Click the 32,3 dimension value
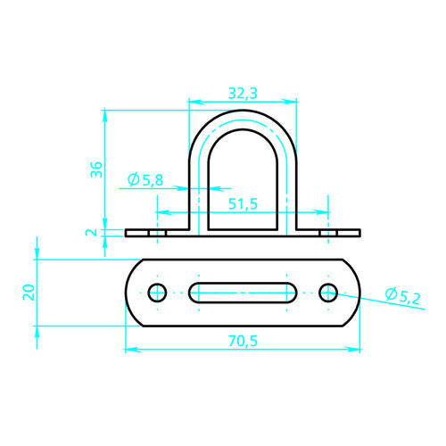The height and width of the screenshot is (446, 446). coord(243,94)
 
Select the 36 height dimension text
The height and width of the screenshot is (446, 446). coord(96,169)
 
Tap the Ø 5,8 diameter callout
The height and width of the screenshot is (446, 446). coord(145,180)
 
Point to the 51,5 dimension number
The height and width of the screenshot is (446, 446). coord(243,204)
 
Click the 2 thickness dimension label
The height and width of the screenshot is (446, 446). coord(92,232)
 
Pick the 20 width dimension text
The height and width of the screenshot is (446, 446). coord(29,293)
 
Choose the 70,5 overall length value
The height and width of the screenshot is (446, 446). coord(243,341)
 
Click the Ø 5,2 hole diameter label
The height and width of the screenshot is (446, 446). coord(403,296)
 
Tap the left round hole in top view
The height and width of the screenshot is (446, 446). coord(157,293)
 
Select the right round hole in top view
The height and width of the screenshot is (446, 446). coord(328,293)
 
